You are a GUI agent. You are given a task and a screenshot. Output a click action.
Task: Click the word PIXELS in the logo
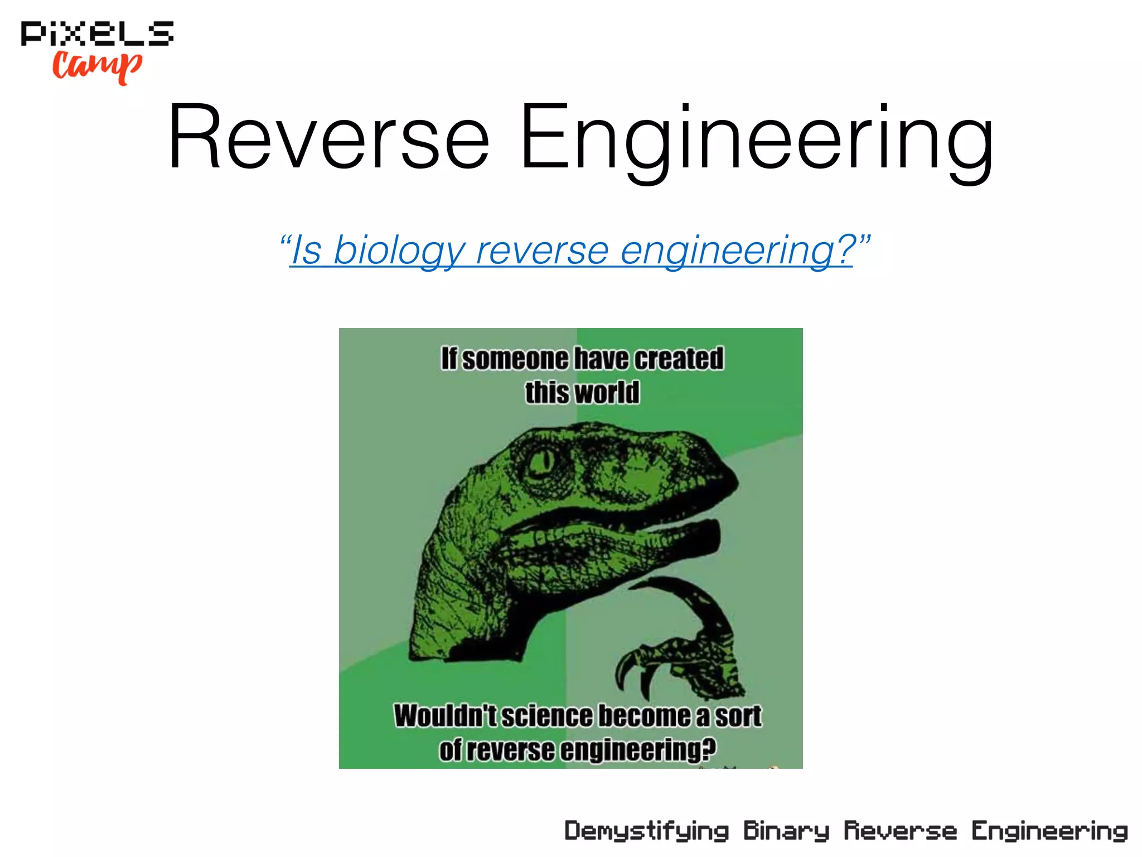97,33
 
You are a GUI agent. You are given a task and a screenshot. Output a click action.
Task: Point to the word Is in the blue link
306,251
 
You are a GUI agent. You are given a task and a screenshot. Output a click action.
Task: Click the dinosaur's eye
540,461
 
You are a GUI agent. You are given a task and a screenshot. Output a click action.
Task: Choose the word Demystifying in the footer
646,831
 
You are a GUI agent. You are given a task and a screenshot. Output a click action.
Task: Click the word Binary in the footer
786,831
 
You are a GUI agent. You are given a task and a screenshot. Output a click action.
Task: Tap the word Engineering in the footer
1049,831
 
